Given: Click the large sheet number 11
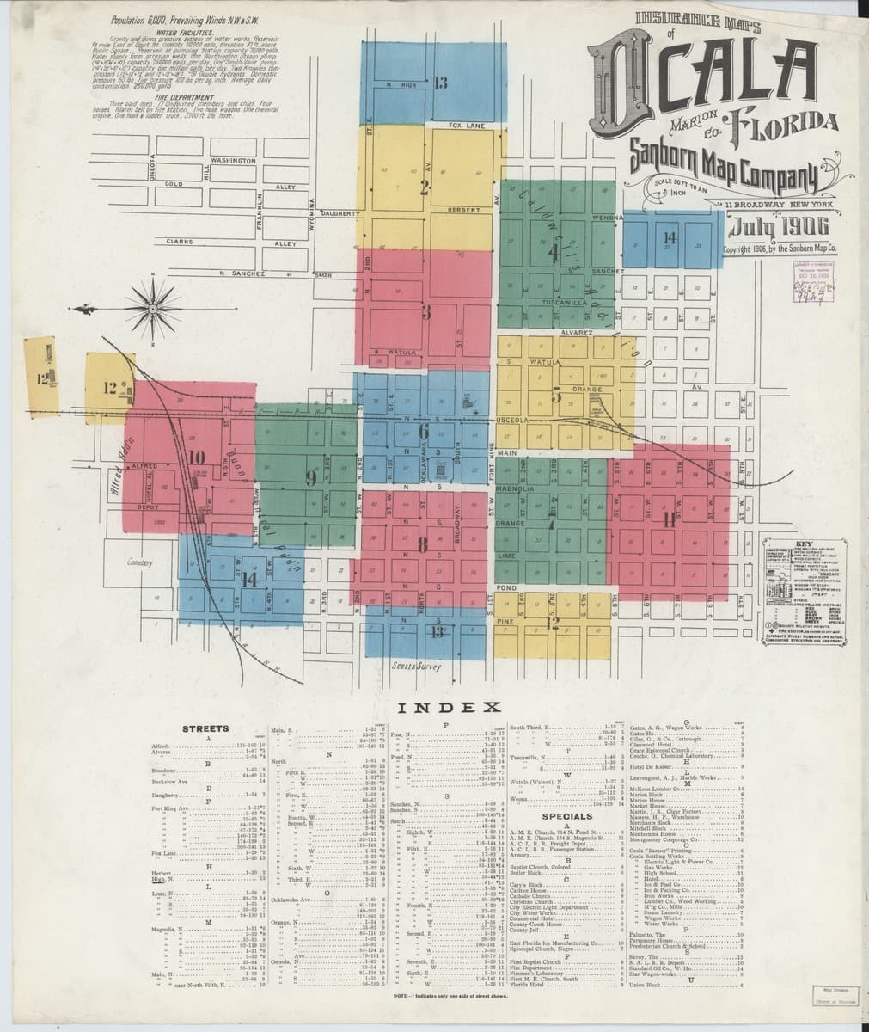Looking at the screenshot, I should point(670,519).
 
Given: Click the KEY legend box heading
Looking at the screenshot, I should point(805,544).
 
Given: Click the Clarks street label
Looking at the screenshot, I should point(180,241).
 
